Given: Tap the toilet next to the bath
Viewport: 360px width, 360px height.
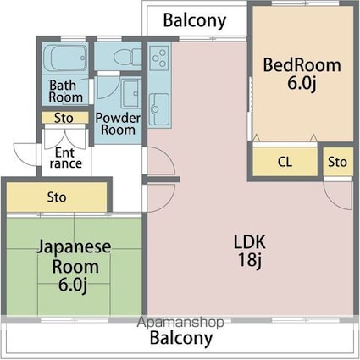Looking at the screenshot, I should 124,58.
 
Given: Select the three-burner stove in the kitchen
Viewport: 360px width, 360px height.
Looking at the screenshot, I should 158,58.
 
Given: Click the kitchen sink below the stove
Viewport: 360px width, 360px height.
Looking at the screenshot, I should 158,108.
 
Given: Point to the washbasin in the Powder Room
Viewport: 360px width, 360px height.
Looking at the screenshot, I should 130,92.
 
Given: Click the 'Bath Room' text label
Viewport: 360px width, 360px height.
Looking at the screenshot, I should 65,91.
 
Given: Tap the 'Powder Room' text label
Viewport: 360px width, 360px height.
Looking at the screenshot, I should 117,124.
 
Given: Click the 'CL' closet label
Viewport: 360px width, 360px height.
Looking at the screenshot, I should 285,162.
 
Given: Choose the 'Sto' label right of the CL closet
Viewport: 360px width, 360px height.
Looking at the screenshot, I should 337,162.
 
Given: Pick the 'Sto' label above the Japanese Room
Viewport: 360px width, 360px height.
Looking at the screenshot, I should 57,198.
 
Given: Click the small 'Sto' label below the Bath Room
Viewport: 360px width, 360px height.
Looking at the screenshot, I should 64,119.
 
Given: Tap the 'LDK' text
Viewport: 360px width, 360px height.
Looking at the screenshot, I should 249,241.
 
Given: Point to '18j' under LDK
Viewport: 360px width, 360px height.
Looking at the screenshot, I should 249,259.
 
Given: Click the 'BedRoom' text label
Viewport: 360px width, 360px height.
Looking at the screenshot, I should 302,65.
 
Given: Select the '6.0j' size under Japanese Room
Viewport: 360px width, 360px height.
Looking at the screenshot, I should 73,283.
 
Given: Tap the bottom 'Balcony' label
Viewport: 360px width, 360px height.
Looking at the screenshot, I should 181,339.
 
